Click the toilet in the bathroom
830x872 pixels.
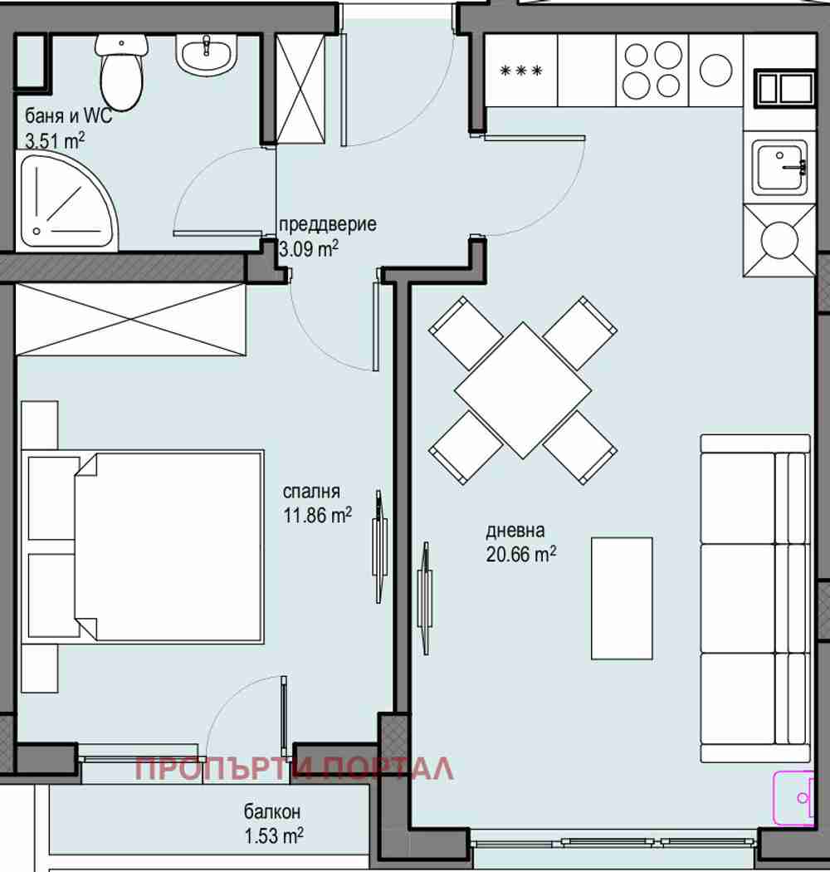click(x=122, y=71)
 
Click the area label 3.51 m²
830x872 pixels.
click(x=55, y=140)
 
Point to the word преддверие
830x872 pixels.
click(x=328, y=224)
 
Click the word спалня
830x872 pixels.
click(x=311, y=492)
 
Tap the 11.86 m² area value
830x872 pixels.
click(x=317, y=516)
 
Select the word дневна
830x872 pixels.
click(x=515, y=532)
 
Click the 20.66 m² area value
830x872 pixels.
click(x=521, y=555)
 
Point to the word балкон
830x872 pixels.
click(x=272, y=812)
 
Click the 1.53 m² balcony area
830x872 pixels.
click(x=274, y=835)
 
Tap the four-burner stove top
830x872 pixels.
click(x=652, y=71)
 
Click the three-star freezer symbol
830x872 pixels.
click(x=521, y=71)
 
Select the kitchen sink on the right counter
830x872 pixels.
click(x=780, y=168)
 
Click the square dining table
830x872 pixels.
click(x=523, y=390)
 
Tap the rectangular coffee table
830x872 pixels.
click(x=622, y=599)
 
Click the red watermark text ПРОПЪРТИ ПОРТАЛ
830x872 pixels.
click(x=295, y=769)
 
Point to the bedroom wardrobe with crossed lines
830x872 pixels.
click(x=131, y=319)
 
